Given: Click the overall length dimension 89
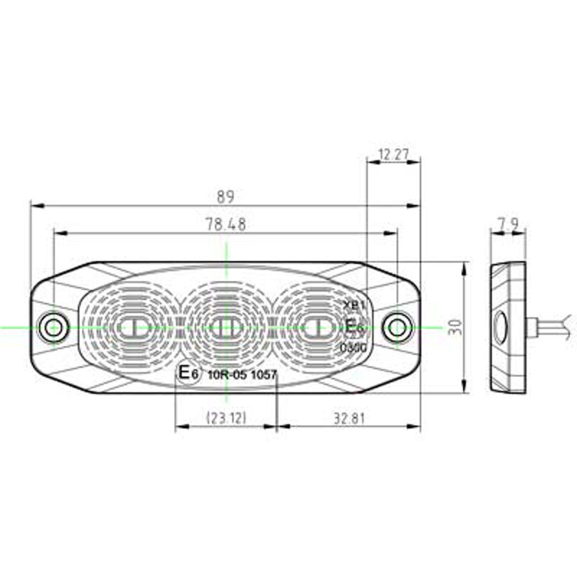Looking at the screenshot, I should [226, 196].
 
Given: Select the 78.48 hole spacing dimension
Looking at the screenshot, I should [226, 224].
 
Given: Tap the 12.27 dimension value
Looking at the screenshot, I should [393, 153].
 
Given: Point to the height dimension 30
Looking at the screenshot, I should [453, 327].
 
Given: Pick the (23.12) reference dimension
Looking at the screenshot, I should [226, 417].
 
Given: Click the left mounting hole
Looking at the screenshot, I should [53, 327].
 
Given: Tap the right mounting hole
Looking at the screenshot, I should [396, 327].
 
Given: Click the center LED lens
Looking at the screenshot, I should [226, 327].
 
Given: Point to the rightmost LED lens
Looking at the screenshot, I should [316, 327].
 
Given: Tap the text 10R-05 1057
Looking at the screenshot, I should [242, 375].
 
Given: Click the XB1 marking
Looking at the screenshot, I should [356, 305].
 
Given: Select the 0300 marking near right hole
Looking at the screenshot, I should [353, 348].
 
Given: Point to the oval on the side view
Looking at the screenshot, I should [499, 327].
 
